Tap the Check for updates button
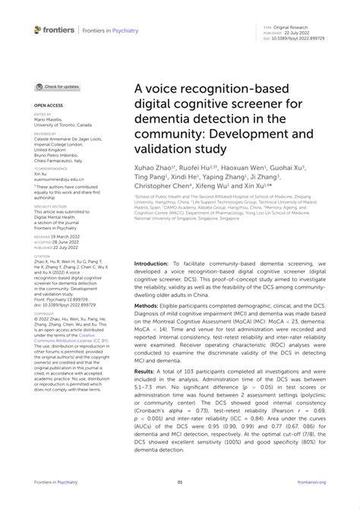[57, 87]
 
